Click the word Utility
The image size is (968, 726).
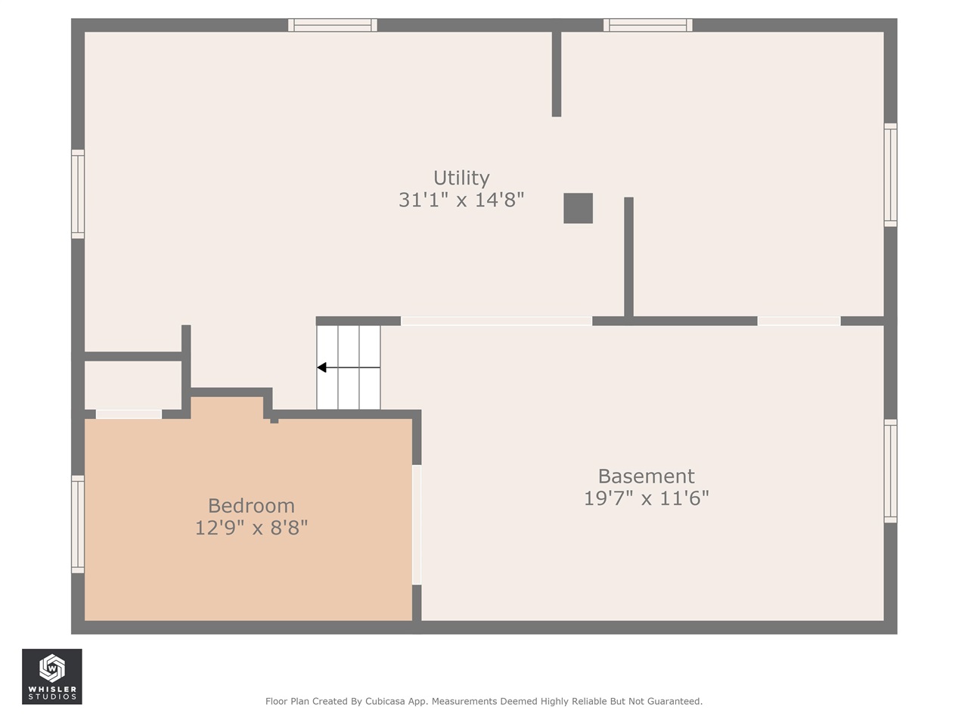(x=461, y=178)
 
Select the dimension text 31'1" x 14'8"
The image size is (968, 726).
(x=461, y=200)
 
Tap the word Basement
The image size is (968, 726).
(x=646, y=476)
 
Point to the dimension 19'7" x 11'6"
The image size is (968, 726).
(x=646, y=498)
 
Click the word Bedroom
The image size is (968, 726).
(x=251, y=506)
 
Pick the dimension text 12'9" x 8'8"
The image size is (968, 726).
(x=251, y=528)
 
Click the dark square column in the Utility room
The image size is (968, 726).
(x=579, y=208)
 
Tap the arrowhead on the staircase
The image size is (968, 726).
(x=322, y=368)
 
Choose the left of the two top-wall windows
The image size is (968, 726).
(x=333, y=25)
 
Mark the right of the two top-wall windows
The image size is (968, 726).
(x=648, y=25)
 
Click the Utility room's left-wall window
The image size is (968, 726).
(x=78, y=194)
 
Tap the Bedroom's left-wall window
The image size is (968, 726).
(x=78, y=525)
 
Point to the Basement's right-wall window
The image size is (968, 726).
(x=890, y=471)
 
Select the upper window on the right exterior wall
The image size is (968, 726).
(x=890, y=175)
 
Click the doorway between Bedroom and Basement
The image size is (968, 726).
(x=417, y=525)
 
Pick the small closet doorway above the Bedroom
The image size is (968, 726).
(x=129, y=414)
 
